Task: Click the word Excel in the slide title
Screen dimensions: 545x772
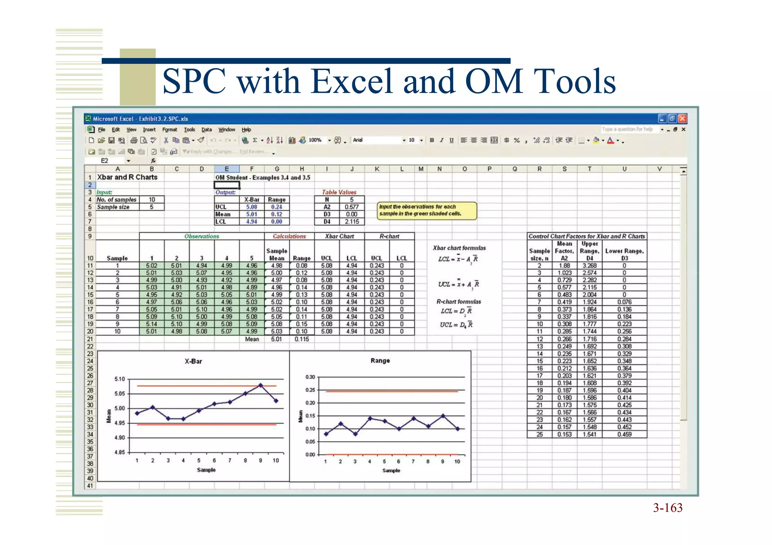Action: [352, 81]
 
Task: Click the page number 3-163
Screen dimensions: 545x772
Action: [668, 508]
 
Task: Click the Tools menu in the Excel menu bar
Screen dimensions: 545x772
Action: [189, 130]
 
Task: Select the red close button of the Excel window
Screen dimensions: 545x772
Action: [682, 119]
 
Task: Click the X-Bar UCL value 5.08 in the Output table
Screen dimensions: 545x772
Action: [251, 207]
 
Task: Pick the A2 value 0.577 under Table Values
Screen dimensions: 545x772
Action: [351, 207]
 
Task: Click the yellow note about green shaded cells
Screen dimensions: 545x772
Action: [427, 210]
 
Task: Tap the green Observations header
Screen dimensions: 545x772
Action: [202, 236]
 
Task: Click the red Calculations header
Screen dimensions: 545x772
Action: [289, 236]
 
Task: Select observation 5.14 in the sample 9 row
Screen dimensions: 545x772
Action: [152, 324]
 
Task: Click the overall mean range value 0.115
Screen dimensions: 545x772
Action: [302, 339]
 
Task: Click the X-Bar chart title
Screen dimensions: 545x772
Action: [193, 361]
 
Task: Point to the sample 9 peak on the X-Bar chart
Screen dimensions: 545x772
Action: [260, 385]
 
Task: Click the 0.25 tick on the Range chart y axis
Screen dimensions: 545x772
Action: [310, 390]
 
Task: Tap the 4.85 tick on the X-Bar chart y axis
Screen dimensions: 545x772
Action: [119, 452]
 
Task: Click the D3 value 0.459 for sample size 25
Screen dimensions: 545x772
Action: [624, 434]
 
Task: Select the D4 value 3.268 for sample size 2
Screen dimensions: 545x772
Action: [589, 266]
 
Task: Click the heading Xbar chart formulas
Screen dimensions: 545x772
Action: [459, 248]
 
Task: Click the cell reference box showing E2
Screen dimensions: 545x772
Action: [105, 161]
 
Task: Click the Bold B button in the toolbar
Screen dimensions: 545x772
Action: [432, 140]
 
